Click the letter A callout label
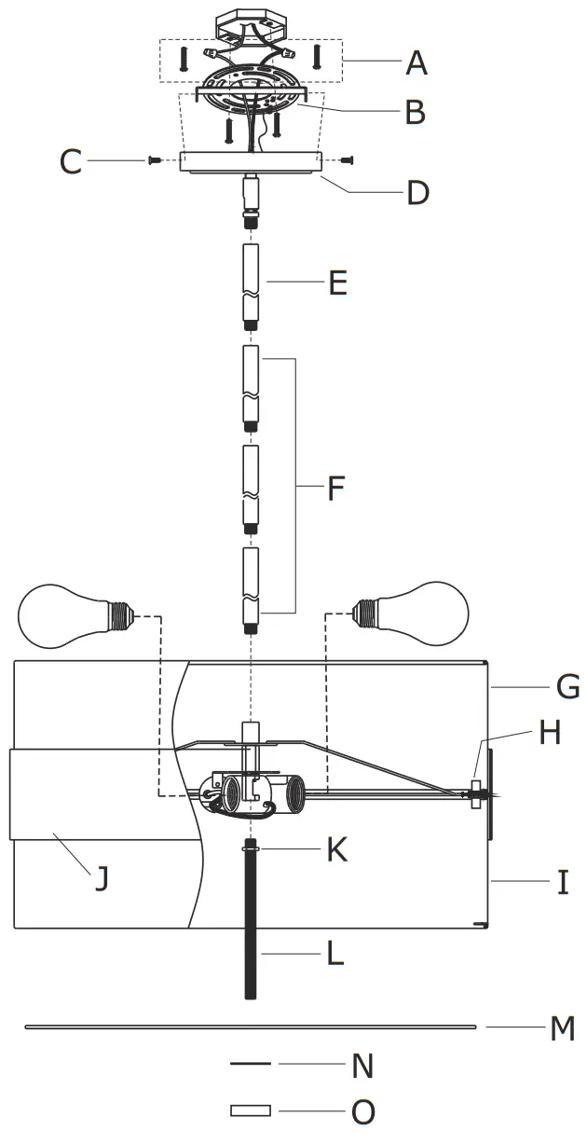tap(416, 63)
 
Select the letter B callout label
tap(415, 113)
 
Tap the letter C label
tap(71, 162)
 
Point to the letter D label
tap(417, 193)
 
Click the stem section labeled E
tap(250, 286)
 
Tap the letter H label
tap(550, 733)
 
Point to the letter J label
tap(102, 878)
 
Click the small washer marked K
tap(250, 848)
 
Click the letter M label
tap(562, 1028)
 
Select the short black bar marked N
tap(250, 1064)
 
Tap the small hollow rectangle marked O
tap(251, 1110)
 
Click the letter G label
tap(567, 687)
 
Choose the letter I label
tap(563, 882)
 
